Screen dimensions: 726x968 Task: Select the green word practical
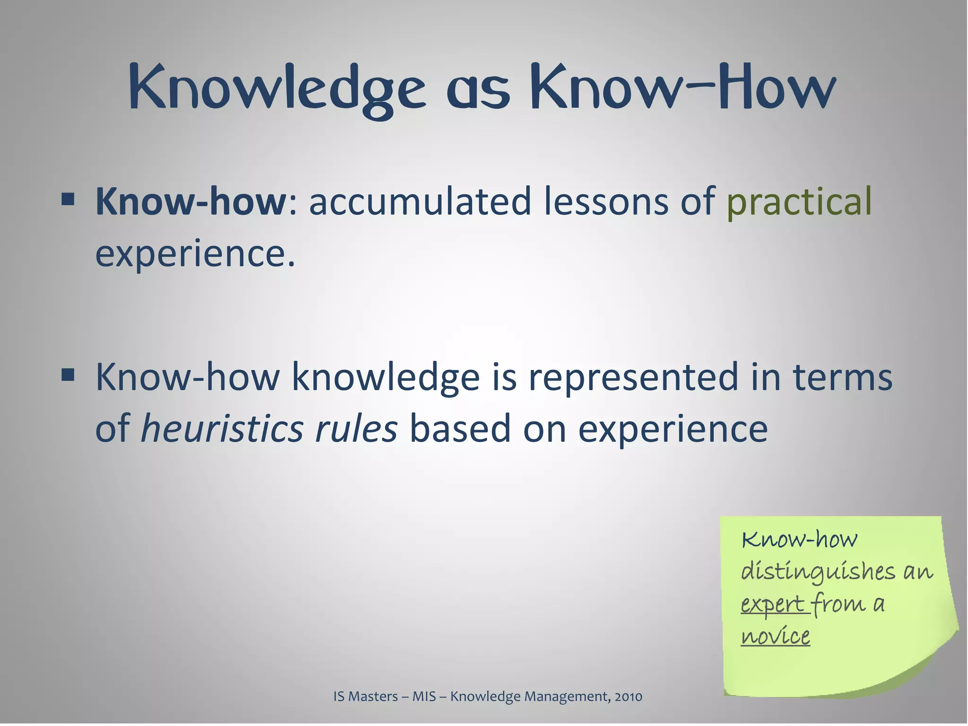coord(798,201)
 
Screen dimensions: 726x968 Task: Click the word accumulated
coord(420,201)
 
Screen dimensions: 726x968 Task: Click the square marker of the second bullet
coord(68,374)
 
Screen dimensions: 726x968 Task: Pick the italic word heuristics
coord(222,429)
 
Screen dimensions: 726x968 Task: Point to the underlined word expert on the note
coord(772,604)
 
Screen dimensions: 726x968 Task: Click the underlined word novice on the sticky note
coord(775,636)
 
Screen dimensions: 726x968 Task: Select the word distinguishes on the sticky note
coord(818,572)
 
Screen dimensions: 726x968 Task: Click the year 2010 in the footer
coord(628,696)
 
